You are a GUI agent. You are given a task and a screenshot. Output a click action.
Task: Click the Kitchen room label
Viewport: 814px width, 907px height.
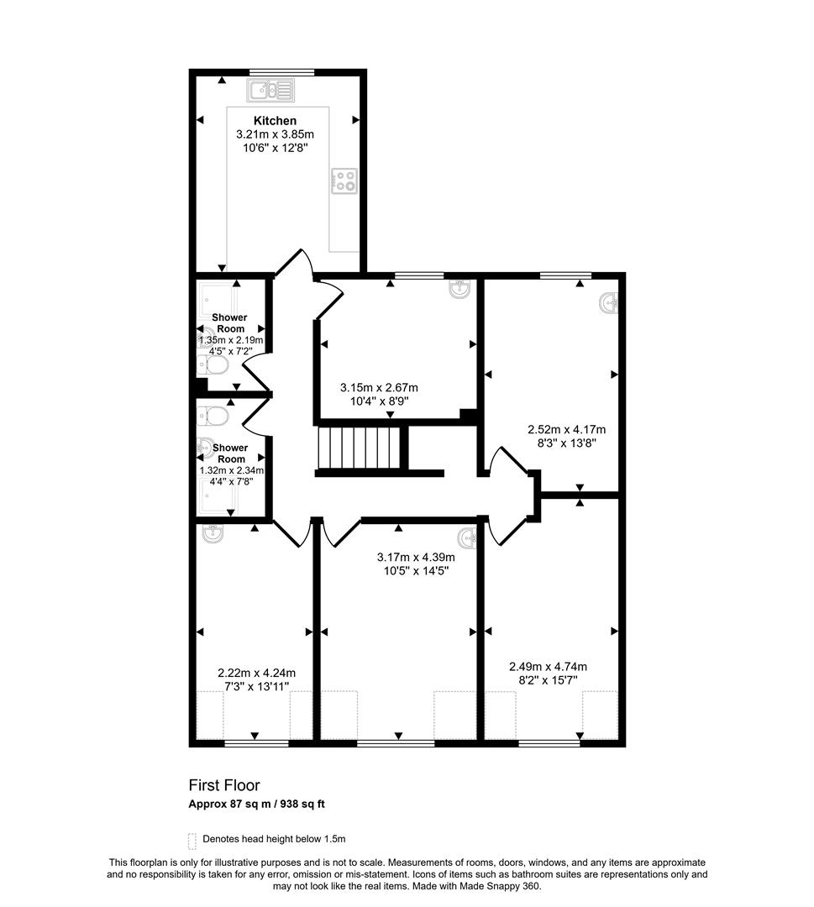275,121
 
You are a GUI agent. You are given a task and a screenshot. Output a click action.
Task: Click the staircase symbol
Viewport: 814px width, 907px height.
357,449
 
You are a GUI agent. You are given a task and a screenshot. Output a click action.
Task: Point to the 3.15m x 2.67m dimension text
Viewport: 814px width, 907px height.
379,388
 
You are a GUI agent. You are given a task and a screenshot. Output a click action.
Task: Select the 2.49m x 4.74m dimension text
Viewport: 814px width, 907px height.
548,667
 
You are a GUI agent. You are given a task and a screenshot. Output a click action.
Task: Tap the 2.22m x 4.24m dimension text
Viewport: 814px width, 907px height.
256,673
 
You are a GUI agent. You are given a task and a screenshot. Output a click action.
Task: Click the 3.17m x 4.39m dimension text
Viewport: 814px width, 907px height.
416,557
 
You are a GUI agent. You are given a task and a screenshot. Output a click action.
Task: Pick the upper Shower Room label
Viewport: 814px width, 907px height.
229,322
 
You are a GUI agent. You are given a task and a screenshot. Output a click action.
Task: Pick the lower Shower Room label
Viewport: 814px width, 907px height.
229,453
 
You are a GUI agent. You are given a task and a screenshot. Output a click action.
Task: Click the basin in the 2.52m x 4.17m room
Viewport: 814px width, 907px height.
610,302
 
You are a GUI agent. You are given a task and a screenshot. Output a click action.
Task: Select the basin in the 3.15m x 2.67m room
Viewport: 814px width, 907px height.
460,291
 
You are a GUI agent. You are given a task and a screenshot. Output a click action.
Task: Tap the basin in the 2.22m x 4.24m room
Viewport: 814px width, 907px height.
212,532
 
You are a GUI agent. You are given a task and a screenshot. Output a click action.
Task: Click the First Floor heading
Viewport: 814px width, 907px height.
224,785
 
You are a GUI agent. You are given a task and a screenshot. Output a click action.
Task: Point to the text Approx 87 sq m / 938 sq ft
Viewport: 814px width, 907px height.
256,804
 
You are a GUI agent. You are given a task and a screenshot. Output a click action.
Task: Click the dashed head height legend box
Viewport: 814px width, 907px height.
192,839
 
